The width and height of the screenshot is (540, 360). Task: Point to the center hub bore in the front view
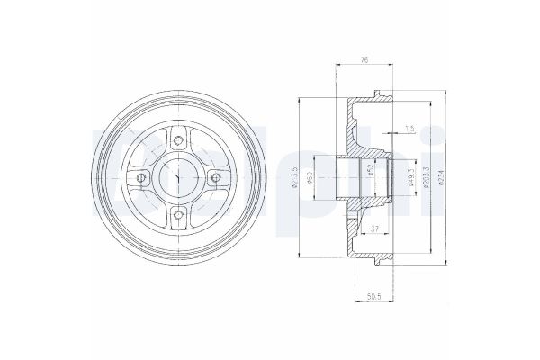pos(179,177)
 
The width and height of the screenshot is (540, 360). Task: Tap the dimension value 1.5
pos(411,129)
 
